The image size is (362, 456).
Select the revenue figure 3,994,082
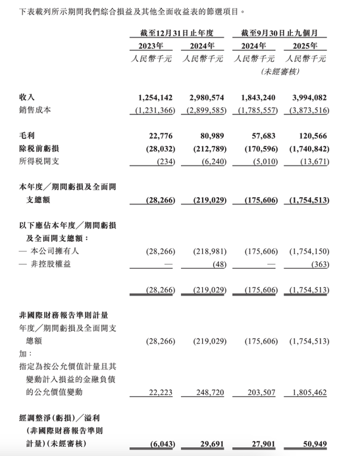tap(308, 97)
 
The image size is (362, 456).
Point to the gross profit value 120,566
tap(313, 134)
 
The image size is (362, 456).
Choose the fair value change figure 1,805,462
tap(308, 392)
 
